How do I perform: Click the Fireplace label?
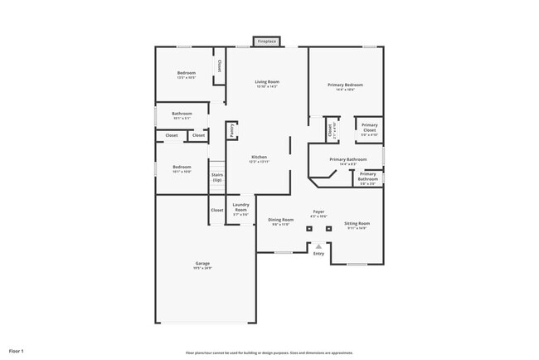click(x=266, y=41)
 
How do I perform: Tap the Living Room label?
click(x=266, y=82)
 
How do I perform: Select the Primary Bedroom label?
click(x=349, y=85)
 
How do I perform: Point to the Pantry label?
click(x=231, y=130)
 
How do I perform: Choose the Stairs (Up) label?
click(x=216, y=177)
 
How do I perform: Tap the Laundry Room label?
click(x=240, y=207)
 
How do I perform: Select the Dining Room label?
click(x=280, y=220)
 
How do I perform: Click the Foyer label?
click(x=318, y=212)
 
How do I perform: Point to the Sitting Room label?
click(x=357, y=223)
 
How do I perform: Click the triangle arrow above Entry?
click(x=318, y=246)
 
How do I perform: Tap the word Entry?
click(x=318, y=254)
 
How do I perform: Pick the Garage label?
click(x=202, y=264)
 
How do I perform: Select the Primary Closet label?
click(x=369, y=128)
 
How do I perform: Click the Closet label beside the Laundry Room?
click(x=216, y=210)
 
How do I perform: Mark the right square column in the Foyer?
click(x=328, y=228)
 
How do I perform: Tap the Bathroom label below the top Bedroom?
click(x=182, y=114)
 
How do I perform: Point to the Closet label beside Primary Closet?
click(x=330, y=129)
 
